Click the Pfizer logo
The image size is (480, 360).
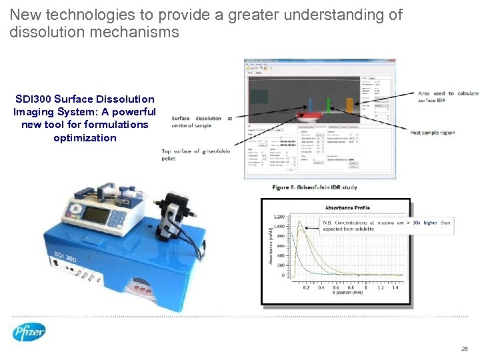pos(29,331)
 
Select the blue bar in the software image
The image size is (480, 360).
pos(310,105)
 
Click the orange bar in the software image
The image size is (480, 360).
pos(349,105)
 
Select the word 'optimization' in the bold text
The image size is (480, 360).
pos(85,137)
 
